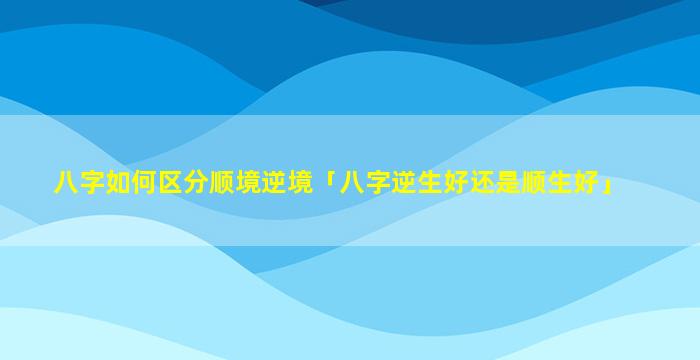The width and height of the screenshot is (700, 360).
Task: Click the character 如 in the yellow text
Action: [117, 183]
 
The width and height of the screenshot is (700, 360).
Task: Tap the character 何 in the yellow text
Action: [144, 183]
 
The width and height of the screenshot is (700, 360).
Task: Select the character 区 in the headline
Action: [170, 183]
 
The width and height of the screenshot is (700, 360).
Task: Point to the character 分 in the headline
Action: [196, 183]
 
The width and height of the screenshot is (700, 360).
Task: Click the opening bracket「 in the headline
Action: [327, 179]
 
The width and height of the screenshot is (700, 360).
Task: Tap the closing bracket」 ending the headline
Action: [606, 187]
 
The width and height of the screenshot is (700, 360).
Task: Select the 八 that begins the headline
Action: [66, 183]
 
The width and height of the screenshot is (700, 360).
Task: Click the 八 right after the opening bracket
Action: [351, 183]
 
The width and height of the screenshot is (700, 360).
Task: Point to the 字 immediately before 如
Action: [92, 183]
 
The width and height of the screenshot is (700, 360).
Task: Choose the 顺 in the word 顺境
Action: [222, 183]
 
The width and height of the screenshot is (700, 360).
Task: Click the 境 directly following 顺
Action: [248, 183]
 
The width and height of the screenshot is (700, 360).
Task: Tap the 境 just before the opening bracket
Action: [300, 183]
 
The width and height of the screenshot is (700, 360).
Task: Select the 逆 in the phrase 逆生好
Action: [403, 183]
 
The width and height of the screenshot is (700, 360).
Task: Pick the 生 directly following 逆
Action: [429, 183]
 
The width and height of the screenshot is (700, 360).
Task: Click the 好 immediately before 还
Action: [455, 183]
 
